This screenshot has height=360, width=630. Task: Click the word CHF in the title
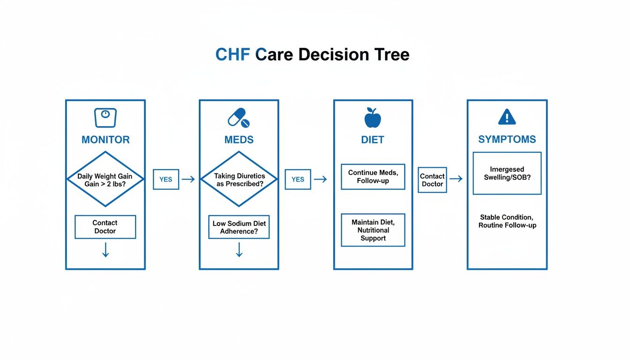[233, 55]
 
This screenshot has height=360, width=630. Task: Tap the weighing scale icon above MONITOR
[105, 118]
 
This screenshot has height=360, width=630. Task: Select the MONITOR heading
[105, 140]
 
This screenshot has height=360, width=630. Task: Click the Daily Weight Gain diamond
[105, 179]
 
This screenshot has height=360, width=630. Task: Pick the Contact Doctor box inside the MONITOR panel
[105, 227]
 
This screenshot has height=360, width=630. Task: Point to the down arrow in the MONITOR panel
[105, 250]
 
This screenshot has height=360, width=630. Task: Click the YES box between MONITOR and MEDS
[166, 179]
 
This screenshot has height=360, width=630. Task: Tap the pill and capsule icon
[239, 118]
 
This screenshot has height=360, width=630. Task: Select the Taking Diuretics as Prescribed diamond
[239, 179]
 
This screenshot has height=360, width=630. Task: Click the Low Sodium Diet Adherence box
[239, 227]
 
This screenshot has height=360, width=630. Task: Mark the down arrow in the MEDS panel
[239, 250]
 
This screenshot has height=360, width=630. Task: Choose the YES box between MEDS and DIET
[298, 179]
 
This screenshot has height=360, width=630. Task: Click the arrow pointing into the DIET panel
[320, 179]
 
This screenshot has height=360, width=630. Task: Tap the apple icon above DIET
[373, 118]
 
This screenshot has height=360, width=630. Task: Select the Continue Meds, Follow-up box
[373, 176]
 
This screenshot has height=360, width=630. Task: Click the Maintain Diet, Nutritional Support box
[373, 230]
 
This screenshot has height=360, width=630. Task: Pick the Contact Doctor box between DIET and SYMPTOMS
[432, 180]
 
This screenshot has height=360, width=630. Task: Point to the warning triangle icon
[507, 117]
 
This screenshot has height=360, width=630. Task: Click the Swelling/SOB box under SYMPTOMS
[507, 173]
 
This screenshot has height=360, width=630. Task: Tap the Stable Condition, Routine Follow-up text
[507, 221]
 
